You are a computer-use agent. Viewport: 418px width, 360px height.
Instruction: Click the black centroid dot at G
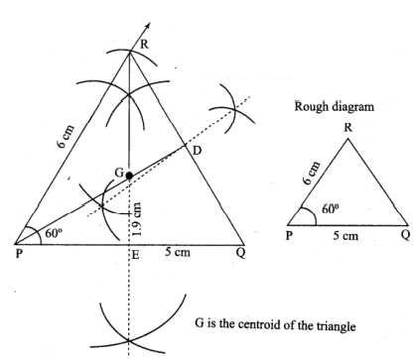(129, 176)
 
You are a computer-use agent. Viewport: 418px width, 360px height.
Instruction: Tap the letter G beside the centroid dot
(119, 173)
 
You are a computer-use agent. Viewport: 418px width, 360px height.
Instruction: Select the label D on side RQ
(197, 151)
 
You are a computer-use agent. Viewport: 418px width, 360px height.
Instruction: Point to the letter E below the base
(136, 255)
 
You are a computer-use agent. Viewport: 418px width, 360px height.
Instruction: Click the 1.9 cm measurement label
(138, 219)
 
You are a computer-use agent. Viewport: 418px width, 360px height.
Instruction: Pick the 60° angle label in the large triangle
(54, 233)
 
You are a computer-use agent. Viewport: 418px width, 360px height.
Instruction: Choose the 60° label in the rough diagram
(331, 208)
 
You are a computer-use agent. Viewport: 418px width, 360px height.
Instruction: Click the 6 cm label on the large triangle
(66, 137)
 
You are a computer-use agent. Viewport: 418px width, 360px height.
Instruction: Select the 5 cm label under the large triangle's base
(178, 252)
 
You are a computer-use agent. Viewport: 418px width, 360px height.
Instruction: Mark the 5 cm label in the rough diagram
(346, 236)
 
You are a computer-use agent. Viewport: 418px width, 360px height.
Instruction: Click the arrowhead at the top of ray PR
(148, 25)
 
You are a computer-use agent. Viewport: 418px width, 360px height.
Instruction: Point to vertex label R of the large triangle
(144, 45)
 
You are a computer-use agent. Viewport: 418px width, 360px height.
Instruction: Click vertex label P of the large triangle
(19, 254)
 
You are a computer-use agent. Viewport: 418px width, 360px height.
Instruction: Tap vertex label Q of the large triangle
(240, 254)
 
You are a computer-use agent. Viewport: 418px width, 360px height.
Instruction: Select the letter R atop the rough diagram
(348, 128)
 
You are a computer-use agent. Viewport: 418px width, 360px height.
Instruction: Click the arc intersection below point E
(128, 340)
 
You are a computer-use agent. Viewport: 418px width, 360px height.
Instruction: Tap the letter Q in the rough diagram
(405, 235)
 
